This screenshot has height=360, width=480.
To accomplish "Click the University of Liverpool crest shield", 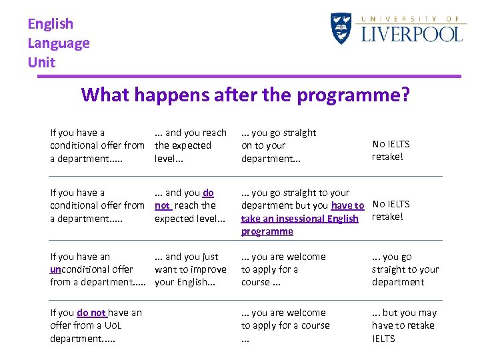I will (341, 29).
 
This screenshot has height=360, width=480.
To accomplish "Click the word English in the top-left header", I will (51, 24).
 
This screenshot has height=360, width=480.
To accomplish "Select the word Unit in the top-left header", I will (41, 63).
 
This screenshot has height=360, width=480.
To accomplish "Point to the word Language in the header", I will (59, 43).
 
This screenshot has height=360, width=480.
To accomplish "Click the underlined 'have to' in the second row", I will (347, 206).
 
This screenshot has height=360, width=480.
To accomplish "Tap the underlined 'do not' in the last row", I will (91, 313).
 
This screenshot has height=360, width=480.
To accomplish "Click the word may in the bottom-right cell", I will (427, 313).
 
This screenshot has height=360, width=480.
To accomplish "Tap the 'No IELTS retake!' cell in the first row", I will (391, 150).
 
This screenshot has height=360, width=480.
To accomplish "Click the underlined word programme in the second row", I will (267, 231).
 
